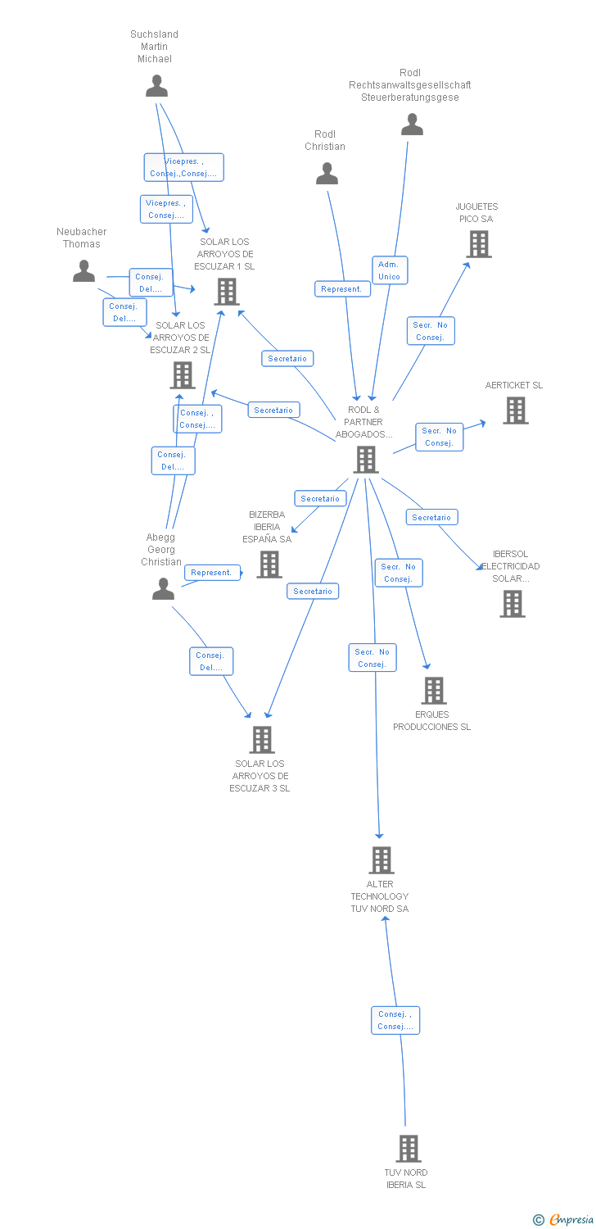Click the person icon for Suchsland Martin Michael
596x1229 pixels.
point(156,86)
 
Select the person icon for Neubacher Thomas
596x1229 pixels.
point(84,271)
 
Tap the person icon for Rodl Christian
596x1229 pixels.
point(327,174)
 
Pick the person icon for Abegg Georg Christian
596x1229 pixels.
point(163,588)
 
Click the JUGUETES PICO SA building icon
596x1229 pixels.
point(478,244)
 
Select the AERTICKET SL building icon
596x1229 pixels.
point(515,410)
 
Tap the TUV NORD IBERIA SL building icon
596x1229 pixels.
point(408,1149)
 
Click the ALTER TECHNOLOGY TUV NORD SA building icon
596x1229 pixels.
point(381,860)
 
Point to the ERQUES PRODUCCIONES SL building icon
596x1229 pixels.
point(433,691)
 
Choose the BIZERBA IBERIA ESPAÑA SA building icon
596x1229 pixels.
point(269,564)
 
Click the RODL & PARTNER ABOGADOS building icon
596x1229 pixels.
point(365,460)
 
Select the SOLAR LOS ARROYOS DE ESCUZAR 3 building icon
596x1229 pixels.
point(261,740)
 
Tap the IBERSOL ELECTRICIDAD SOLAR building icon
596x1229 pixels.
point(512,604)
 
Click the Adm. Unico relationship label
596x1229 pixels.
point(389,270)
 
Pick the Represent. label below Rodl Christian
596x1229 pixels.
point(341,289)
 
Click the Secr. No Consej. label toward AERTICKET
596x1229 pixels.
point(440,437)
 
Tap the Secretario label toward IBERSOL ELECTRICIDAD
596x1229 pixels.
point(431,518)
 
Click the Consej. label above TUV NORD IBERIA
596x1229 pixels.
point(395,1020)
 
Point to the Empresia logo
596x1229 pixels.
point(565,1220)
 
